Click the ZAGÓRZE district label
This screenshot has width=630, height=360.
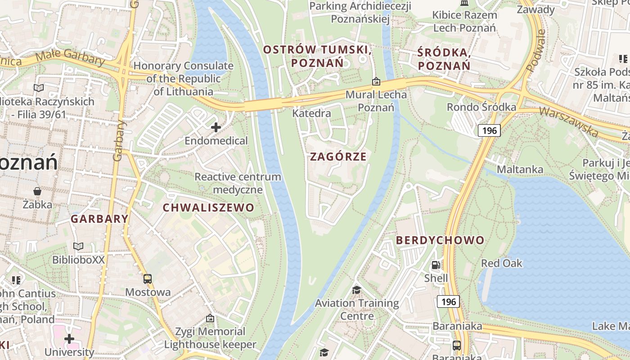(x=338, y=157)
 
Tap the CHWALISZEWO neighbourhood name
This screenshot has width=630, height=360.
(x=208, y=207)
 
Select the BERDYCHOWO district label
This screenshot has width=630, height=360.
(x=440, y=240)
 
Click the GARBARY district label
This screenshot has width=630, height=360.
(x=99, y=219)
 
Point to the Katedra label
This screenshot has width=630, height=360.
(x=311, y=113)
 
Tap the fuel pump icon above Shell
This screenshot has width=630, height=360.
(x=436, y=265)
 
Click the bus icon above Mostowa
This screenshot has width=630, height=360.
(x=148, y=279)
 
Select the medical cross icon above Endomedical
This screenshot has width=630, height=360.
(x=216, y=127)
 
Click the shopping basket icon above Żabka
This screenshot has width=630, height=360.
(x=37, y=191)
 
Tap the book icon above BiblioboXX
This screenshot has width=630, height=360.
(x=78, y=246)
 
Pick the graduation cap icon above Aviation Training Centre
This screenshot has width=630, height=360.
(x=356, y=289)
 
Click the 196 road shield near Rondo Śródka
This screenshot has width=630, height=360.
(x=489, y=130)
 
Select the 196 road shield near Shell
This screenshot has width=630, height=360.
(x=448, y=301)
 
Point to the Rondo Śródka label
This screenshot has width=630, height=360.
(x=481, y=107)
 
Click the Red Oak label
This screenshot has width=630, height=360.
(x=502, y=263)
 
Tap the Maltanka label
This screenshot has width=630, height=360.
(x=520, y=170)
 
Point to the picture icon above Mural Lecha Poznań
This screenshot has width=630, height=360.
(x=376, y=81)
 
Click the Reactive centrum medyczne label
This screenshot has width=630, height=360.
(x=238, y=183)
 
